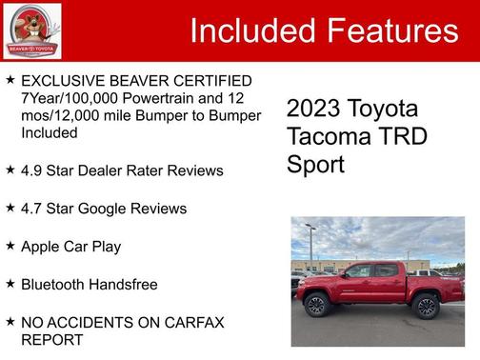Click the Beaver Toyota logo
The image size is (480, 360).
pyautogui.click(x=32, y=30)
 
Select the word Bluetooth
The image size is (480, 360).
pyautogui.click(x=56, y=284)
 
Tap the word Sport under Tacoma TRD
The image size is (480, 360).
pyautogui.click(x=315, y=164)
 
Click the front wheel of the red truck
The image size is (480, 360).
pyautogui.click(x=316, y=306)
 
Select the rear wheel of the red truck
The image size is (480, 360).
pyautogui.click(x=426, y=306)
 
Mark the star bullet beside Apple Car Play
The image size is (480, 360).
pyautogui.click(x=10, y=246)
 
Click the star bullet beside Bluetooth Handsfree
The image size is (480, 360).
pyautogui.click(x=10, y=284)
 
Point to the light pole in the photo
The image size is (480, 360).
pyautogui.click(x=311, y=246)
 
